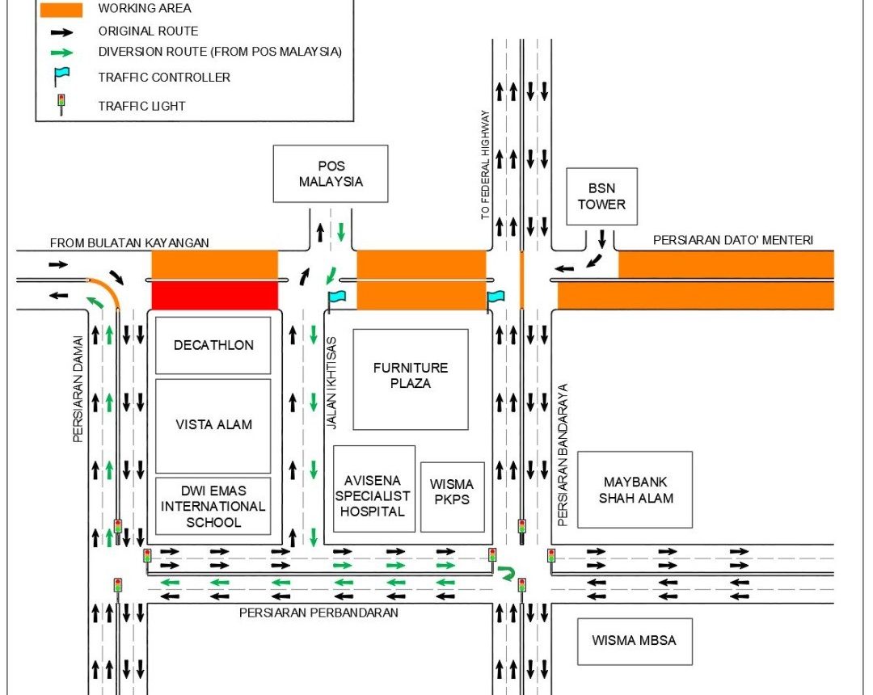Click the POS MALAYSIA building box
pos(331,174)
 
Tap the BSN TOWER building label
pos(601,196)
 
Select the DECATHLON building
pos(213,345)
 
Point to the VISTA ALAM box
pos(213,425)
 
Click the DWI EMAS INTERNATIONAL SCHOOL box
pos(213,506)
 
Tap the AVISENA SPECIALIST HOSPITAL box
pos(373,489)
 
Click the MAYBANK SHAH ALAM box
pos(635,490)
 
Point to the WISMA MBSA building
pos(634,641)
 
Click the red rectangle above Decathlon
pos(214,295)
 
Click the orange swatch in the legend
pos(60,9)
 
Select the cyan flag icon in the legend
pos(61,78)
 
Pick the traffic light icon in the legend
pos(61,105)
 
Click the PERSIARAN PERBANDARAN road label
pos(318,613)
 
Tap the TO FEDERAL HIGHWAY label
pos(485,165)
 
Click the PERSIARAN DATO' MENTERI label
pos(732,240)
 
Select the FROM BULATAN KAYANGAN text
pos(129,242)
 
